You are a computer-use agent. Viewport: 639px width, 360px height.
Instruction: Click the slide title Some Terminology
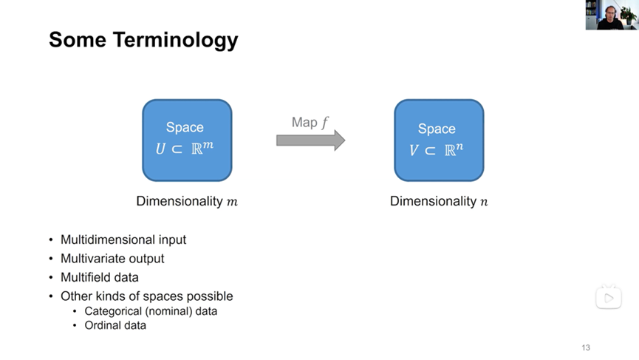(x=143, y=40)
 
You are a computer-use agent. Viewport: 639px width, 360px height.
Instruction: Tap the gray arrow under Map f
(x=310, y=140)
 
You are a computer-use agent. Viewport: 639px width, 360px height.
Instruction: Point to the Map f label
(x=310, y=122)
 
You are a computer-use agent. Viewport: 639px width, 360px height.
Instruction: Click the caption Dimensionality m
(x=187, y=201)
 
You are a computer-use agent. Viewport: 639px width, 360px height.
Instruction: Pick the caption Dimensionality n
(x=439, y=201)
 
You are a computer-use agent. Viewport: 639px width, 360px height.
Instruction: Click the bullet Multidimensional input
(x=123, y=240)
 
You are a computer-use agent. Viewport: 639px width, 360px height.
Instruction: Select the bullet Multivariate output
(x=112, y=259)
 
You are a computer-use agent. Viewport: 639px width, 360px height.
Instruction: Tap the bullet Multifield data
(x=100, y=277)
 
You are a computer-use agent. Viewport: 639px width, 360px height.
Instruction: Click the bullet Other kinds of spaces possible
(x=146, y=296)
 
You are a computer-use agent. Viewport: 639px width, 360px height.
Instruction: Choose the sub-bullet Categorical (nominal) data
(x=151, y=311)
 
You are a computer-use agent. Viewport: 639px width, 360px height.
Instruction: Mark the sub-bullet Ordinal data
(x=115, y=325)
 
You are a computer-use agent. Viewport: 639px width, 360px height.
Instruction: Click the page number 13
(x=586, y=347)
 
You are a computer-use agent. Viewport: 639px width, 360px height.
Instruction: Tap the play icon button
(x=609, y=298)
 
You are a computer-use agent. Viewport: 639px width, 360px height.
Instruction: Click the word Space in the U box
(x=185, y=127)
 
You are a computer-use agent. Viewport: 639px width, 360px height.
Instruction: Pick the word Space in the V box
(x=437, y=129)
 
